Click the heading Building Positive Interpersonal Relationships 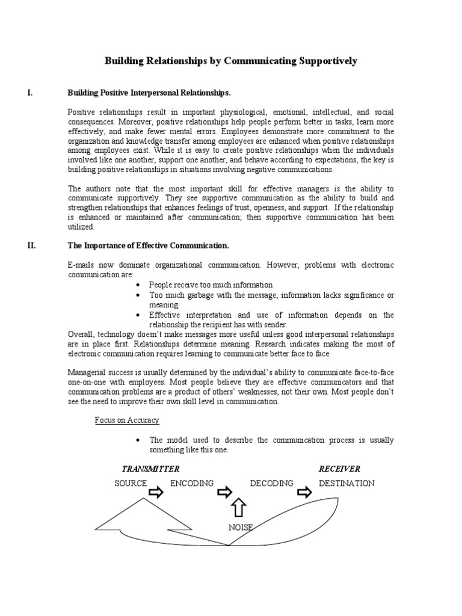(149, 93)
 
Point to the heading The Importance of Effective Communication (148, 245)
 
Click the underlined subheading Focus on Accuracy (127, 420)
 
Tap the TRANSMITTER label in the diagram (150, 469)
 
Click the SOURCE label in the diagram (131, 483)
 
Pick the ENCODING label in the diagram (192, 483)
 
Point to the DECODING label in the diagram (271, 483)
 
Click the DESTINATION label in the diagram (346, 483)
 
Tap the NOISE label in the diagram (241, 528)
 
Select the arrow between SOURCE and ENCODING (156, 493)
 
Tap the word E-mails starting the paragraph (81, 265)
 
